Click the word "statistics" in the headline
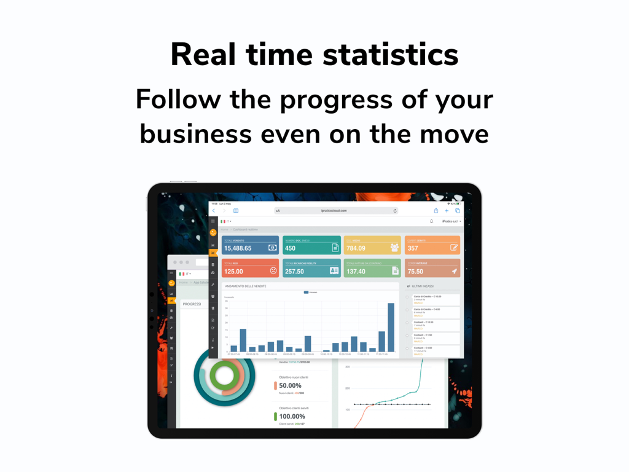point(391,55)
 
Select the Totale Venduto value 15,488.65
point(238,248)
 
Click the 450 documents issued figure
point(291,248)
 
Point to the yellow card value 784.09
point(356,248)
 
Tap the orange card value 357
point(413,248)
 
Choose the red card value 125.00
point(233,271)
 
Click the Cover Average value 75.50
point(416,271)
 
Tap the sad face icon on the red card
point(273,270)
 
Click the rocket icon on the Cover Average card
point(455,270)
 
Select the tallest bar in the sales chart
point(391,327)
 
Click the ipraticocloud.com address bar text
point(334,211)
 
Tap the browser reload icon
point(395,211)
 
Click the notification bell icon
point(431,221)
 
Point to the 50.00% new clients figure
point(290,385)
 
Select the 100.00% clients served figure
point(292,416)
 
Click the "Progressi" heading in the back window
point(192,304)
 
